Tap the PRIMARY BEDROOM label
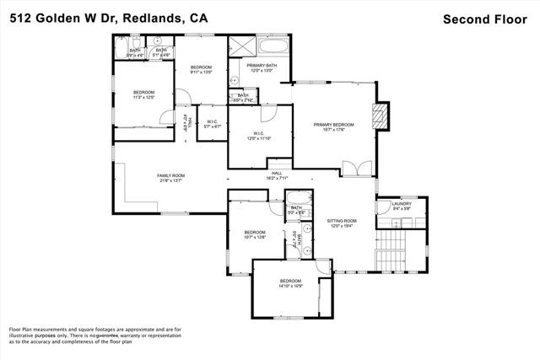click(333, 125)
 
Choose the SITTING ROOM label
click(343, 221)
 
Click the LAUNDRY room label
click(401, 203)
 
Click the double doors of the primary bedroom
click(362, 169)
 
